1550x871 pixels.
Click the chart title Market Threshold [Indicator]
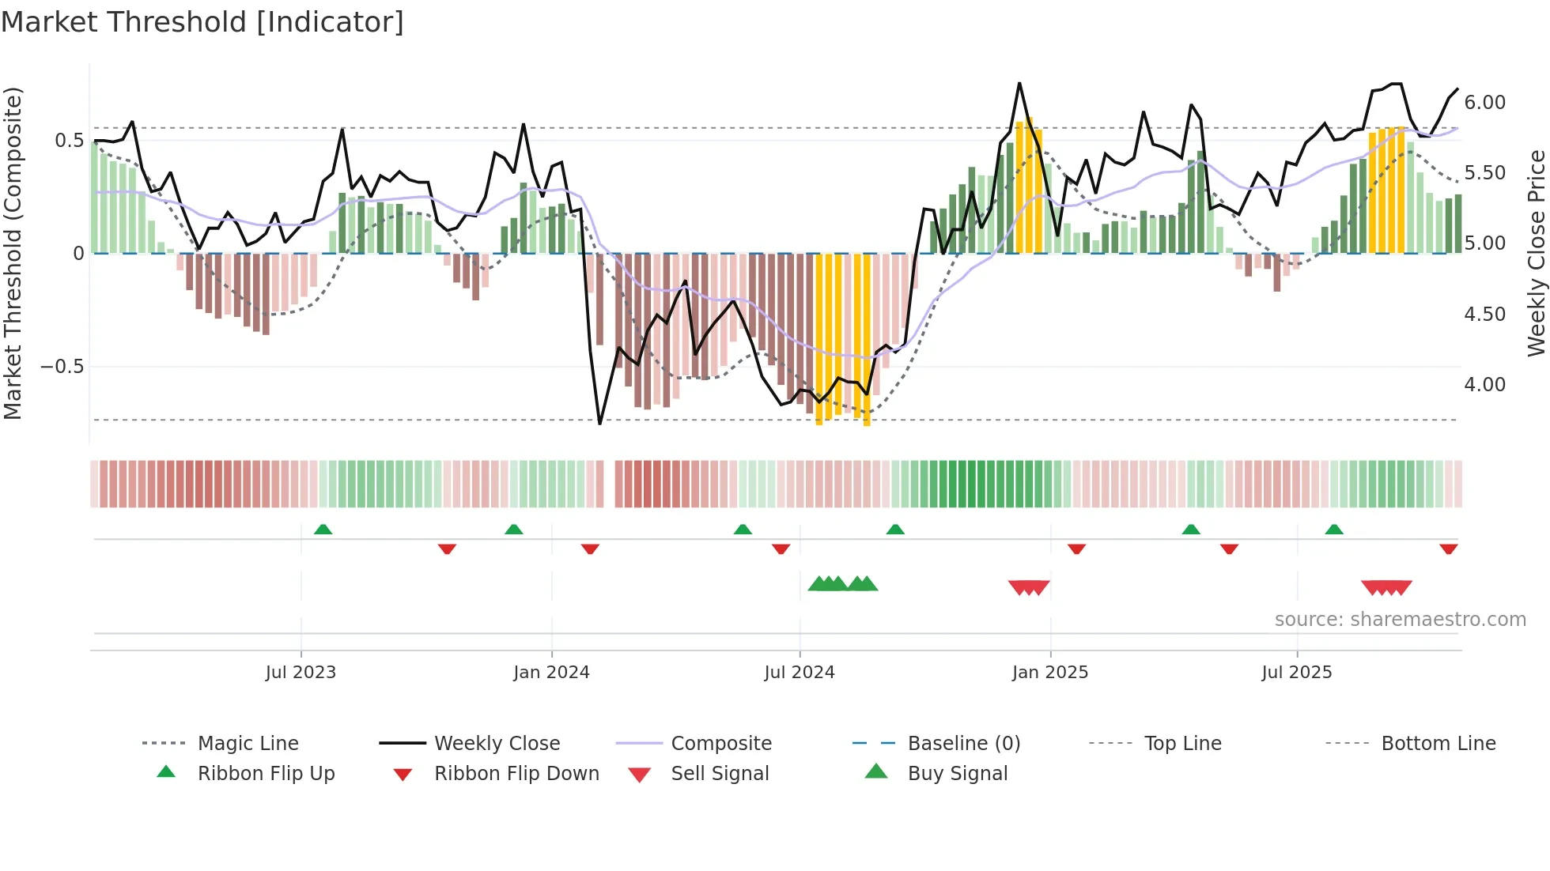pyautogui.click(x=202, y=22)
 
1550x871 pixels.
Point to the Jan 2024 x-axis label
pyautogui.click(x=551, y=673)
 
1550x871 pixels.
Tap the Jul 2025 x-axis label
pyautogui.click(x=1296, y=673)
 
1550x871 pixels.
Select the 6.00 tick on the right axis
pyautogui.click(x=1484, y=103)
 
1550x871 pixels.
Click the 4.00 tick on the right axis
pyautogui.click(x=1484, y=385)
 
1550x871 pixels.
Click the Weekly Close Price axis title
pyautogui.click(x=1536, y=253)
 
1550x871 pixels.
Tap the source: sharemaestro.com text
pyautogui.click(x=1400, y=620)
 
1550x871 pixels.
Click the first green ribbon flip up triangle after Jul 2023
pyautogui.click(x=323, y=530)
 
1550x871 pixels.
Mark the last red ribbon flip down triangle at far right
pyautogui.click(x=1448, y=549)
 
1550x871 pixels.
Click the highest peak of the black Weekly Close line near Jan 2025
pyautogui.click(x=1019, y=83)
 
